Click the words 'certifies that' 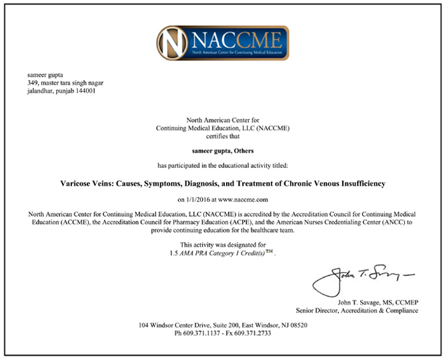223,135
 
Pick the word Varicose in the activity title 71,182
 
